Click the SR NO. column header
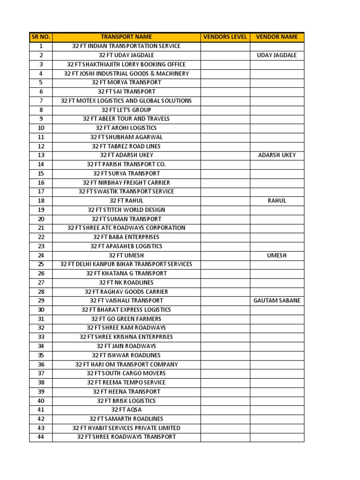point(41,37)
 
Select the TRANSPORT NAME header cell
point(126,37)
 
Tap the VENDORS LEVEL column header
point(225,37)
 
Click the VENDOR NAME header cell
point(277,37)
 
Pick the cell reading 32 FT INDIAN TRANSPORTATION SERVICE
point(126,46)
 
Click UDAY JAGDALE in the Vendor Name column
point(277,55)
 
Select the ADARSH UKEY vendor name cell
point(277,155)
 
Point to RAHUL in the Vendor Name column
point(277,201)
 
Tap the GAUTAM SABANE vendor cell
point(277,300)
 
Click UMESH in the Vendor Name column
point(277,255)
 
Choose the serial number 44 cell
point(41,437)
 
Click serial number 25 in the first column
point(41,264)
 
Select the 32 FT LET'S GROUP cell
point(126,110)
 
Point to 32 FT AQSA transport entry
point(126,410)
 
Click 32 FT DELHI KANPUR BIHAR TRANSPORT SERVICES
point(126,264)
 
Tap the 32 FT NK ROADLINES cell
point(126,283)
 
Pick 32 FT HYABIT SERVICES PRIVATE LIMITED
point(126,428)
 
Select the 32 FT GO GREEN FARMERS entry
point(126,319)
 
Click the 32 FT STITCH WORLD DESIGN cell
point(126,210)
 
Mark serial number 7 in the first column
point(41,101)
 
